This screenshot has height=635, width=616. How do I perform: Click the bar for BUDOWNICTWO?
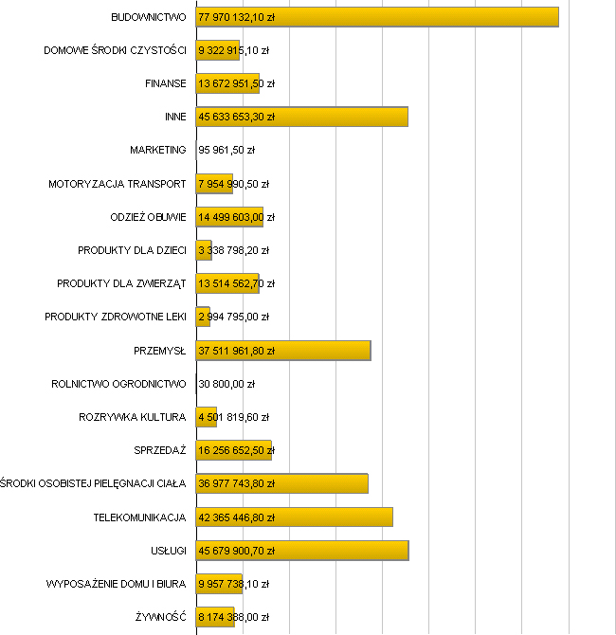pos(426,17)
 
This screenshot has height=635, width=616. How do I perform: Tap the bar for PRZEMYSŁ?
pos(322,350)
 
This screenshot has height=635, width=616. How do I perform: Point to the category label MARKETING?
pos(158,150)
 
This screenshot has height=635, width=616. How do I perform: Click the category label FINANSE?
pos(166,83)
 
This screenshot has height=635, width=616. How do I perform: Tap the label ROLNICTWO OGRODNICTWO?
pos(118,384)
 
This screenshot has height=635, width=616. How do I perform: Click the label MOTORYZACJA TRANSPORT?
pos(118,184)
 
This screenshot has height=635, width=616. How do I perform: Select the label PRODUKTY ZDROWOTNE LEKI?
pos(116,317)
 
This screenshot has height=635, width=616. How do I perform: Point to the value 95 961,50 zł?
pos(226,150)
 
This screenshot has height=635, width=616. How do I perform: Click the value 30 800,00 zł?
pos(226,384)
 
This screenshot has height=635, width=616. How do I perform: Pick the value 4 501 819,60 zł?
pos(233,417)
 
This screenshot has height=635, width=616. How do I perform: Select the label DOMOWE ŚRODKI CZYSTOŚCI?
pos(116,50)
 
